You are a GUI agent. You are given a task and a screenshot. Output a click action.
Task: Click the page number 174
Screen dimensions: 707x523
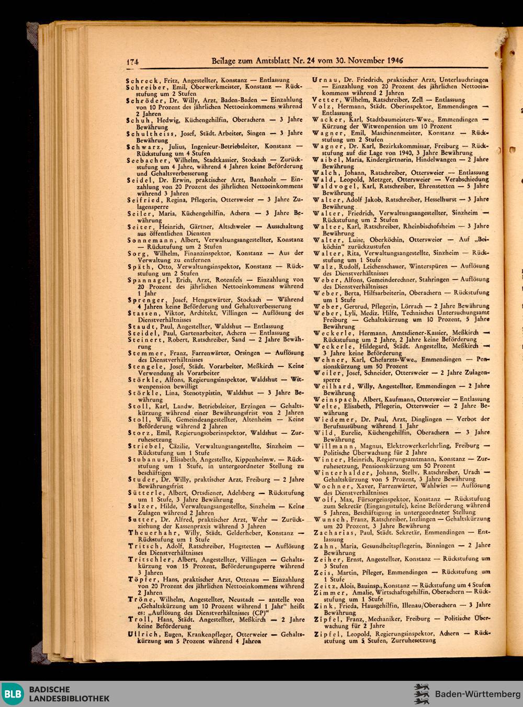tap(131, 62)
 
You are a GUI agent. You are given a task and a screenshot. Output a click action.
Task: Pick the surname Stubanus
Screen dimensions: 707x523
tap(146, 459)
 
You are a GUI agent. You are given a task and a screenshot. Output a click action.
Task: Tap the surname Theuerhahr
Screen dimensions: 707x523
tap(151, 533)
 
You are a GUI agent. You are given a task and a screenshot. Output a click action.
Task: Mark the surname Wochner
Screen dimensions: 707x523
tap(332, 486)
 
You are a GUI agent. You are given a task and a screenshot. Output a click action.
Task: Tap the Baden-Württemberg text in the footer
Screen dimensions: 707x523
tap(474, 694)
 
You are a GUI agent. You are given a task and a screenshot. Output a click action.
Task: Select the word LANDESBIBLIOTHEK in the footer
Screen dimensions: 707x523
tap(69, 699)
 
